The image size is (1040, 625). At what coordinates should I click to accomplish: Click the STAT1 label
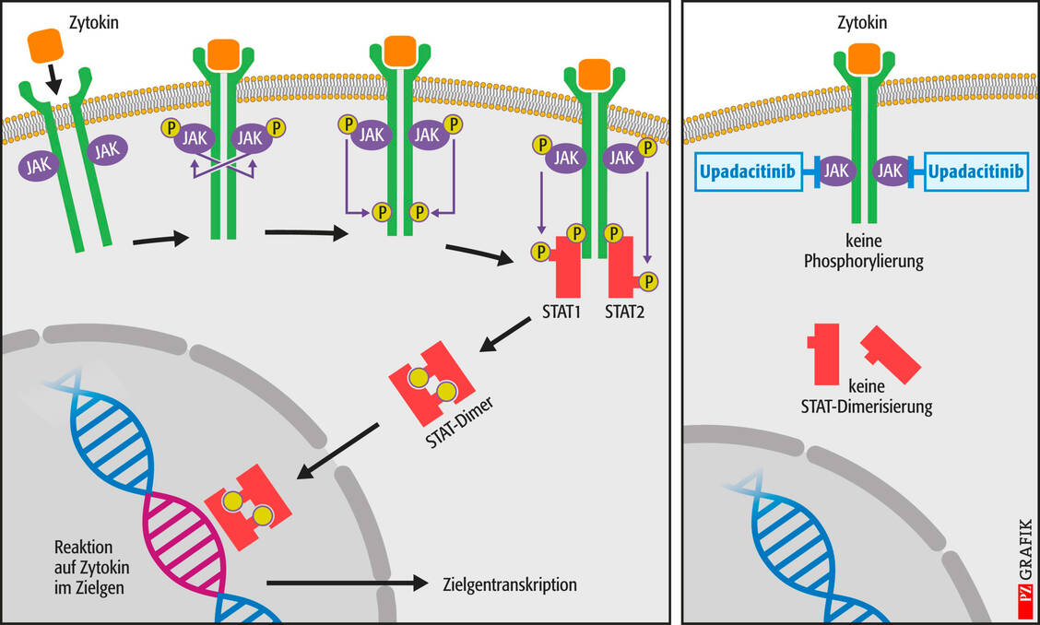(x=560, y=311)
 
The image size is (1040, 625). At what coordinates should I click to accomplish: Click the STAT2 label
(x=624, y=311)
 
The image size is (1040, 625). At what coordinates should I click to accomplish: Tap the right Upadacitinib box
(x=976, y=171)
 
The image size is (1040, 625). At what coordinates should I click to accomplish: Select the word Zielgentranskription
(x=510, y=584)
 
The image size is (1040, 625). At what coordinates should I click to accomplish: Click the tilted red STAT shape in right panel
(x=891, y=354)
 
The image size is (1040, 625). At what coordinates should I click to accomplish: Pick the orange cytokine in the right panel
(x=863, y=58)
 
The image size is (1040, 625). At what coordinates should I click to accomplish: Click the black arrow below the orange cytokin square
(x=54, y=81)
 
